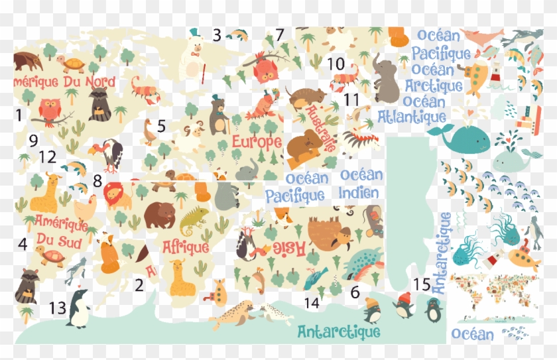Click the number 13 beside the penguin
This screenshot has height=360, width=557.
[x=58, y=308]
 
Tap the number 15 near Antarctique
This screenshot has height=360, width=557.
[x=422, y=284]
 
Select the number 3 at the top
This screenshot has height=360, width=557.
[x=217, y=35]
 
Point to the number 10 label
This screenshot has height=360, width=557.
[x=336, y=64]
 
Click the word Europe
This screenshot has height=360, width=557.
[x=257, y=141]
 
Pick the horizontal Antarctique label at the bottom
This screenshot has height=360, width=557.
[x=339, y=331]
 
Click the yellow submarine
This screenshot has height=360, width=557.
[x=520, y=258]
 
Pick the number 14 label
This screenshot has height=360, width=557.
[x=312, y=303]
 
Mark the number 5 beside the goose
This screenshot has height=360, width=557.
[x=161, y=125]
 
